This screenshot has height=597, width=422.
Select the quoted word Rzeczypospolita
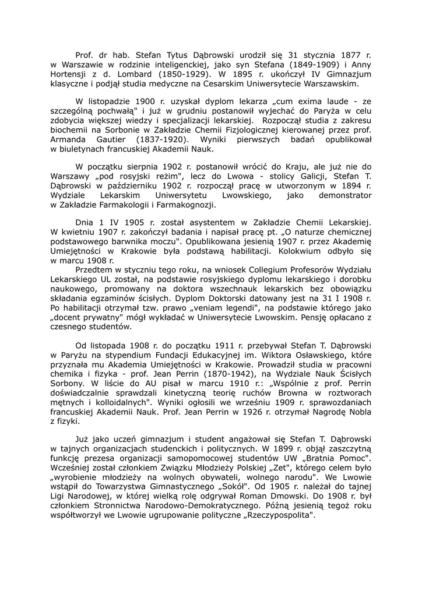(275, 516)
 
